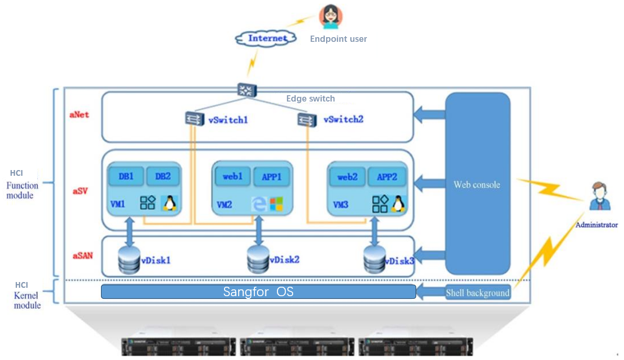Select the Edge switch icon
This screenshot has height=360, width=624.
[245, 89]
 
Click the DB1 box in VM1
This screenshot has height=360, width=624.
[126, 176]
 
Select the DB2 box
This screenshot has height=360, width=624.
[163, 176]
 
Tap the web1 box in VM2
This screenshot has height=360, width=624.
[232, 177]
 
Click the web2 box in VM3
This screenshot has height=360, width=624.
[347, 177]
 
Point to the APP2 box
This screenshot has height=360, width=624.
[387, 177]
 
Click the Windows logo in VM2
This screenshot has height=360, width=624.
[276, 204]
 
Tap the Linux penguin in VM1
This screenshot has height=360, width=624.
[169, 203]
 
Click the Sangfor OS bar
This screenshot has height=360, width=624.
[258, 292]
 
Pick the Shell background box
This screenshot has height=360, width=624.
[477, 292]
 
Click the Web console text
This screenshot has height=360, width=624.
[477, 185]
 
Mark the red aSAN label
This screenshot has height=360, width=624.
[83, 256]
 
